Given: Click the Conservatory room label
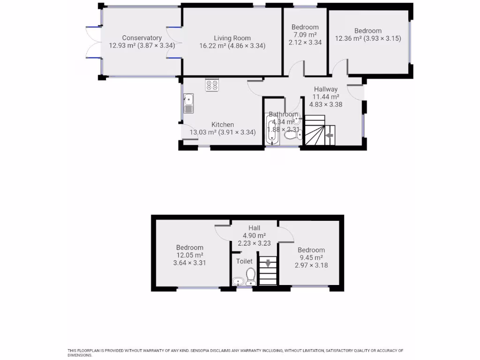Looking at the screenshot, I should (x=142, y=38).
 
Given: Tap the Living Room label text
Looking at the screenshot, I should (x=232, y=38).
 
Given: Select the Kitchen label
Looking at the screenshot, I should (x=222, y=125).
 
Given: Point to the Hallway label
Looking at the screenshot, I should (x=325, y=89).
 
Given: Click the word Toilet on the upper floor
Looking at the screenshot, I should (x=244, y=261).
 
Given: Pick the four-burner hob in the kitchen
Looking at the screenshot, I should (x=211, y=85).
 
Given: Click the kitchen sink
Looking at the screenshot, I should (x=188, y=103).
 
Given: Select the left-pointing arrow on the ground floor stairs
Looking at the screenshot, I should (x=329, y=135).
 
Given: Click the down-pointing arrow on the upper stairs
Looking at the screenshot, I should (x=268, y=263).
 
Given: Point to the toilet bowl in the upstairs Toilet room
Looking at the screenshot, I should (x=250, y=275).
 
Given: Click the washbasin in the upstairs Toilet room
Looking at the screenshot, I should (x=238, y=281).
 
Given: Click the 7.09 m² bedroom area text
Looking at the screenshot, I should (x=305, y=35).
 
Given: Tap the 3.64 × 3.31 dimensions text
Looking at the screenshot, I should (x=189, y=263).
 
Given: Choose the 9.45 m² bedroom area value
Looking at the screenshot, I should (x=311, y=257).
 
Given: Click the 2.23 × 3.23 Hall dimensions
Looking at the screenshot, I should (x=255, y=243).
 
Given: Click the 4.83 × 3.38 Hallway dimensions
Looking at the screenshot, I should (x=325, y=105).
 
